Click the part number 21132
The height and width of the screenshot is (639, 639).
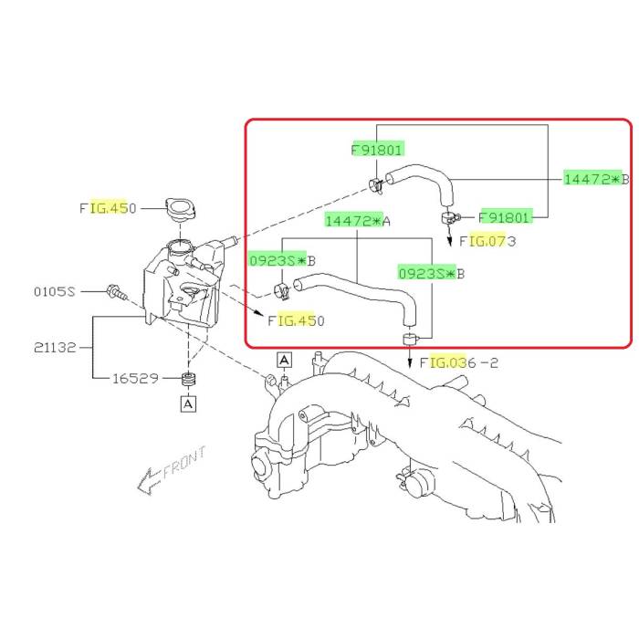(55, 348)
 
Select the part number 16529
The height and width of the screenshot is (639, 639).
(135, 378)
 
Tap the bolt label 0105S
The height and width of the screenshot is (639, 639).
(55, 291)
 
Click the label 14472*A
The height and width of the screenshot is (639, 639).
(358, 221)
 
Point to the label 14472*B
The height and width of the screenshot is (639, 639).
(597, 179)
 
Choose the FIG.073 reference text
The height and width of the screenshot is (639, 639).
(487, 241)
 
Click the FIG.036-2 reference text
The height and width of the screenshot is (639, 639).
(459, 362)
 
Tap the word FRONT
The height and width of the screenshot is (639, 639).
(184, 462)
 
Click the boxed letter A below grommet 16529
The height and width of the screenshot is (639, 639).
(188, 403)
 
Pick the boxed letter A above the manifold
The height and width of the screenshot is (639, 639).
(284, 360)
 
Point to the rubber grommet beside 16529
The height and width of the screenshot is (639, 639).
(188, 380)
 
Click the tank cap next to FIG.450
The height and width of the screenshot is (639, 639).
(180, 209)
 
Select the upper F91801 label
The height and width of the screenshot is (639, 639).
(377, 150)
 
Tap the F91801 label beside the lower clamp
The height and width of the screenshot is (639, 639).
(506, 217)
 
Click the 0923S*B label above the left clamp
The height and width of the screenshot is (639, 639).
(282, 260)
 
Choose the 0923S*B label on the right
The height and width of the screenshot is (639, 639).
(431, 274)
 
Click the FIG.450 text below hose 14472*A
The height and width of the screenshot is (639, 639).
(297, 320)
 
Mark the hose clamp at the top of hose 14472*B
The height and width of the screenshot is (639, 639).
(376, 186)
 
